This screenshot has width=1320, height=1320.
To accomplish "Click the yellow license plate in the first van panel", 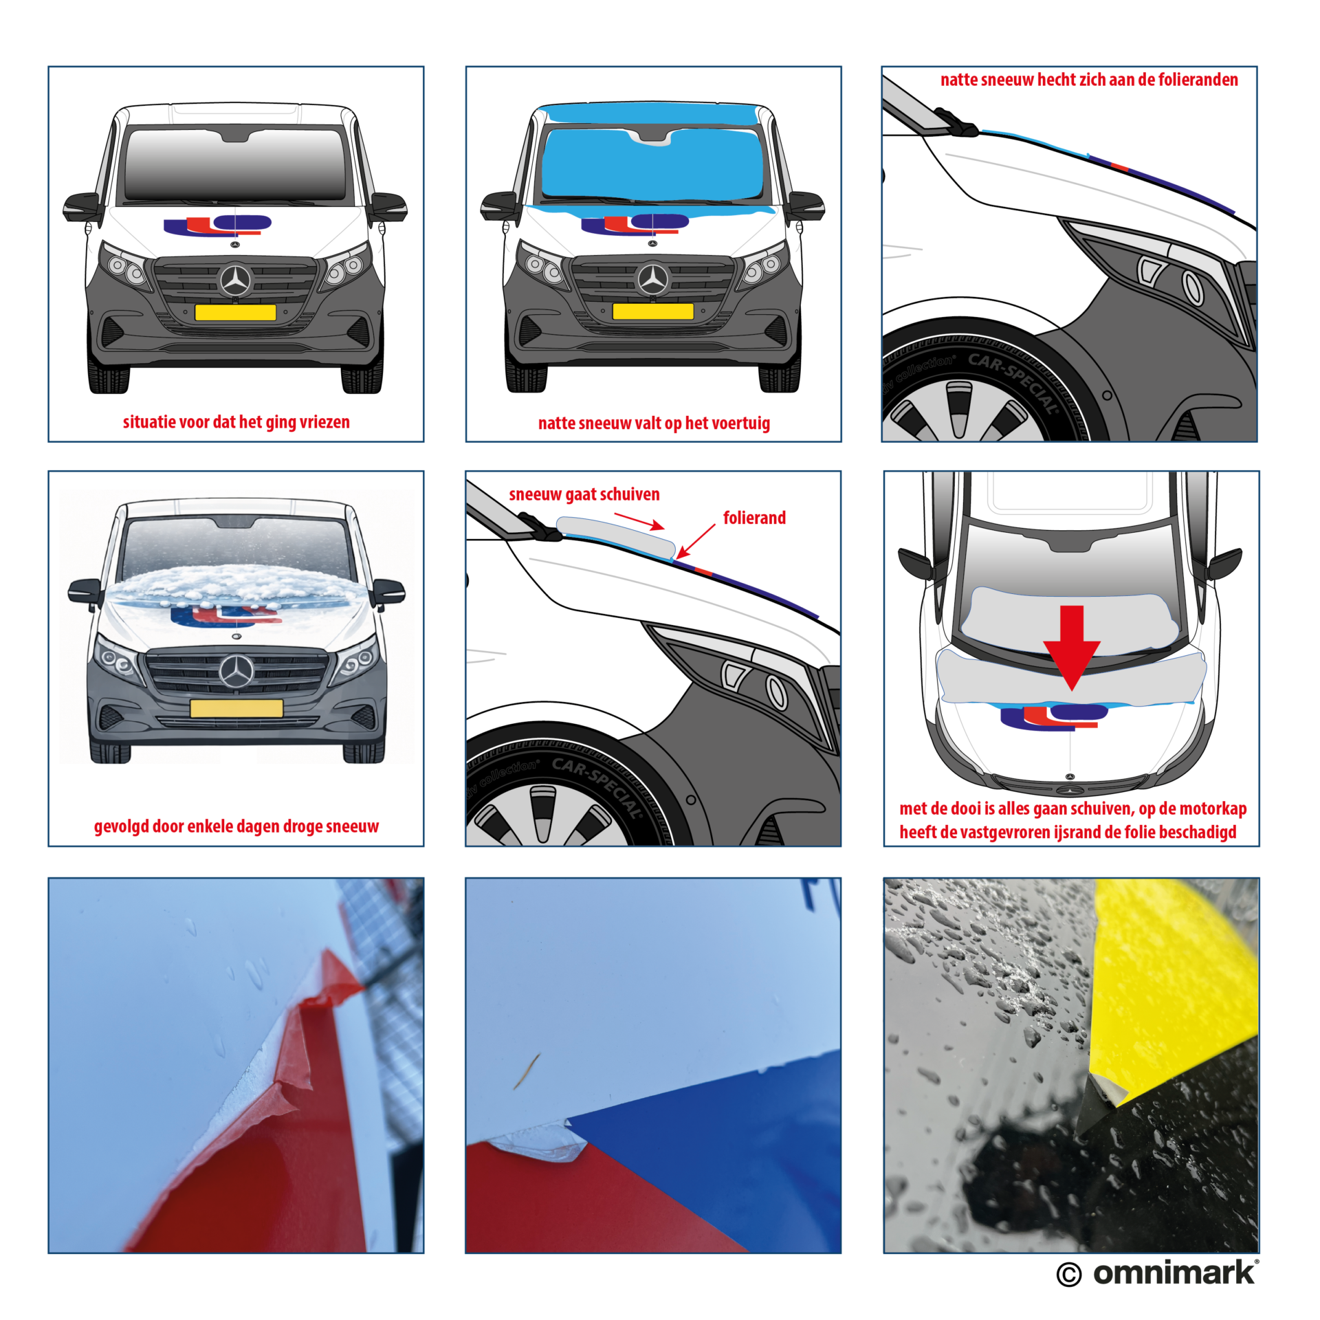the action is tap(235, 312).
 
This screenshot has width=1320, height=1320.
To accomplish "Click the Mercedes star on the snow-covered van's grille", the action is tap(236, 671).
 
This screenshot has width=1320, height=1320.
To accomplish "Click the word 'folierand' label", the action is tap(754, 518).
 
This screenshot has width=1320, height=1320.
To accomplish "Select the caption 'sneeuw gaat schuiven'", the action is tap(584, 494).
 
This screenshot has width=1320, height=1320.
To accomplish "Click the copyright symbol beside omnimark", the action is tap(1069, 1275).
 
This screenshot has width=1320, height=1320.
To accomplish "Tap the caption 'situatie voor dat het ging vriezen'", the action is tap(236, 422).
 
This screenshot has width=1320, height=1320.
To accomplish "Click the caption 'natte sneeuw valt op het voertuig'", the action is tap(654, 423).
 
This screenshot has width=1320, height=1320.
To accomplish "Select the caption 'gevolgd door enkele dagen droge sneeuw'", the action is tap(236, 826).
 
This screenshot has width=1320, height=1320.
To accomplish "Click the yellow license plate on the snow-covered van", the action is tap(236, 708).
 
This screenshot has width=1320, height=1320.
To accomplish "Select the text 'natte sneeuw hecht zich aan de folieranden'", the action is tap(1089, 80).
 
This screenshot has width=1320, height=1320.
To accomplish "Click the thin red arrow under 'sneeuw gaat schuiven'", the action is tap(639, 521).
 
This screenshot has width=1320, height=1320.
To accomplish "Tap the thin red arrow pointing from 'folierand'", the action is tap(696, 541).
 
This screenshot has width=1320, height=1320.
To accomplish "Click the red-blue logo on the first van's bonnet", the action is tap(217, 225).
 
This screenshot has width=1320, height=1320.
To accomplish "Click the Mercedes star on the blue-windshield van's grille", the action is tap(652, 280).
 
